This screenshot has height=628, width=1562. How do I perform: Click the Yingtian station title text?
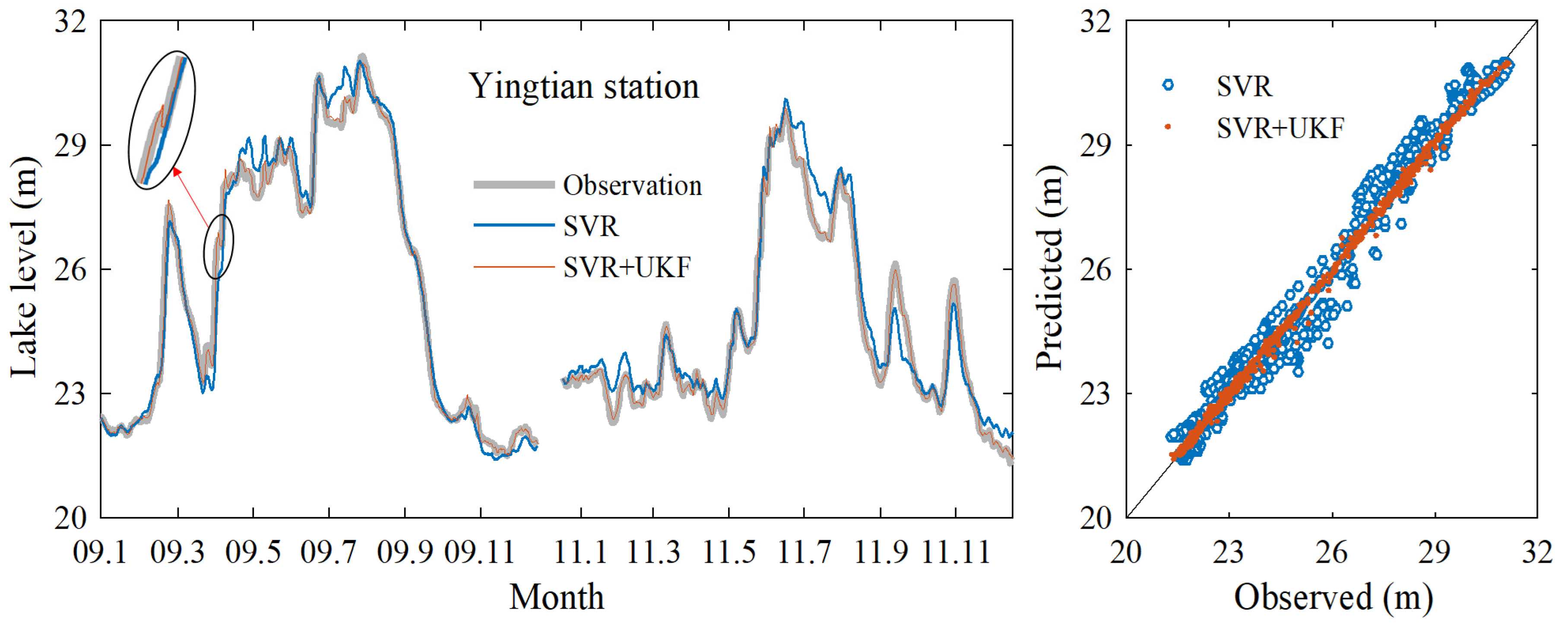click(584, 86)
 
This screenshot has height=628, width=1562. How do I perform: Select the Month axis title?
click(556, 597)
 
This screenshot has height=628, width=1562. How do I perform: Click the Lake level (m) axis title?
click(24, 267)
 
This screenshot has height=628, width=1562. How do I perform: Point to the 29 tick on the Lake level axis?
click(70, 146)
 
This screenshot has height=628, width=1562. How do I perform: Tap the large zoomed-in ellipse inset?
click(162, 120)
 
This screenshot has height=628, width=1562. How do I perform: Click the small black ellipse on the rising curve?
click(218, 246)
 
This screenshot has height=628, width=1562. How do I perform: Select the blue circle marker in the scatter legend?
click(1168, 85)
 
